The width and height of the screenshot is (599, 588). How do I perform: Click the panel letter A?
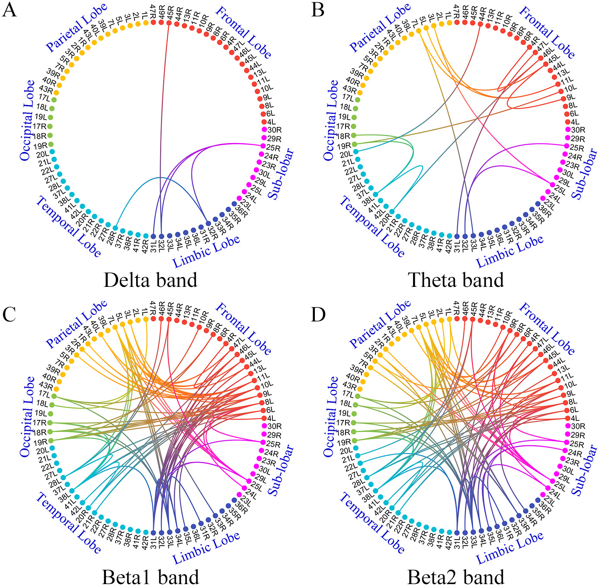(x=9, y=10)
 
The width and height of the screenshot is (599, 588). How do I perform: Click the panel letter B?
(x=318, y=10)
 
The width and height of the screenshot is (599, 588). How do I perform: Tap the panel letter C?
(x=9, y=315)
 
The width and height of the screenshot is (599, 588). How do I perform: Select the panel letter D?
(x=318, y=315)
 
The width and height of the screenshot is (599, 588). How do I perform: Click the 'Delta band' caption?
(x=151, y=280)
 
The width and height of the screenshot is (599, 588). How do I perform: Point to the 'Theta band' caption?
(x=456, y=280)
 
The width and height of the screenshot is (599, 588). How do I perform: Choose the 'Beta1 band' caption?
(x=151, y=577)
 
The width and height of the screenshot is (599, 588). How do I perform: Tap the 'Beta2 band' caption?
(x=456, y=577)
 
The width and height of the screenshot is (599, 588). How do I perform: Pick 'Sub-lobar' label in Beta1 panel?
(x=281, y=470)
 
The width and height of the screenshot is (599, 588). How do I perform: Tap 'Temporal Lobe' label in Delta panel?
(x=68, y=227)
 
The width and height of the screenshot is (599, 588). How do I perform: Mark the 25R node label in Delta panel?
(x=274, y=148)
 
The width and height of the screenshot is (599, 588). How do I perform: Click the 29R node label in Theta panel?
(x=578, y=139)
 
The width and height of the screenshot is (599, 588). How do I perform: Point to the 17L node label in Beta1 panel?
(x=44, y=394)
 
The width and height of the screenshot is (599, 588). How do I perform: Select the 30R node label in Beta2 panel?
(x=578, y=426)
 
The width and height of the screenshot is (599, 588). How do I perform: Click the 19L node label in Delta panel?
(x=41, y=117)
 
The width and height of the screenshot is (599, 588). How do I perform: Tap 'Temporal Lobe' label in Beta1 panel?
(x=68, y=523)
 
